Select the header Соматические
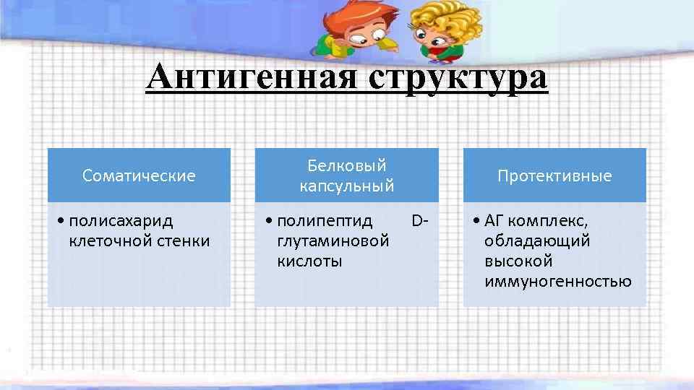tap(139, 175)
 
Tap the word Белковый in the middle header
tap(347, 165)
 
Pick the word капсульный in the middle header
tap(347, 186)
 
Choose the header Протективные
tap(554, 175)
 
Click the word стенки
tap(184, 240)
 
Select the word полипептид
tap(325, 220)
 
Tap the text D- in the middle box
tap(419, 220)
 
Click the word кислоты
tap(309, 261)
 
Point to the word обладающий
tap(537, 240)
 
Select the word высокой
tap(518, 261)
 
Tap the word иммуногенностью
tap(558, 281)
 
